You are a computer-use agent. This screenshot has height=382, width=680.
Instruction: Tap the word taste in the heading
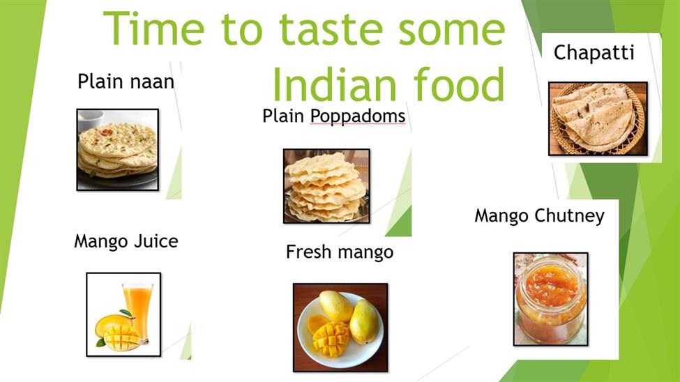point(331,29)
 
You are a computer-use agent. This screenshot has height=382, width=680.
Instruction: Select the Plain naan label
point(126,81)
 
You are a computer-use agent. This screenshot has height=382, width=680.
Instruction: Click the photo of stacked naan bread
point(118,150)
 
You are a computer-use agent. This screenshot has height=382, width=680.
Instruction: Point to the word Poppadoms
point(358,116)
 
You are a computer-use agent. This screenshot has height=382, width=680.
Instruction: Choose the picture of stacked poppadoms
point(326,186)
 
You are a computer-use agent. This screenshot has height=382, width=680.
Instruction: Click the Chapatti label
point(594,53)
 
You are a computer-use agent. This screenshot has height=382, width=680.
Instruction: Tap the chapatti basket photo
point(598,119)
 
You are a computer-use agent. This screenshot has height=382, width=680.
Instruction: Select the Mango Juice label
point(126,241)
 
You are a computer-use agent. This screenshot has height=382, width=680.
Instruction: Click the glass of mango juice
point(137,310)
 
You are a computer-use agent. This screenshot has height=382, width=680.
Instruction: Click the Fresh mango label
point(340,252)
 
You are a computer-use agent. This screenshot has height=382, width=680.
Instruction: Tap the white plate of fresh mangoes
point(340,330)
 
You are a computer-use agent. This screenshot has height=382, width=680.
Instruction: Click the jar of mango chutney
point(551,299)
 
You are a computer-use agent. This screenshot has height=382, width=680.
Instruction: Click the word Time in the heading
point(154,29)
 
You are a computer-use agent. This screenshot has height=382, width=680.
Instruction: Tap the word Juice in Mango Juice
point(156,241)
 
